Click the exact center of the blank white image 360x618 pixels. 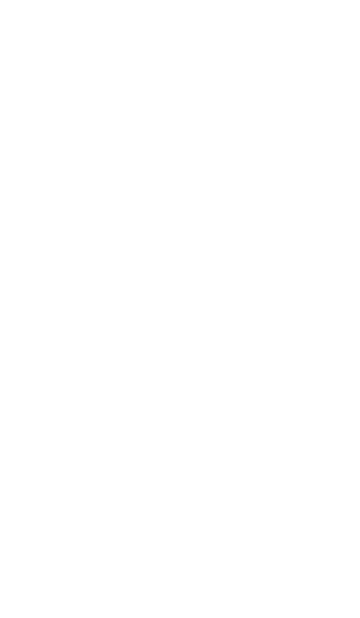pyautogui.click(x=180, y=309)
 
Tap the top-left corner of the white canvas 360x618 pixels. pyautogui.click(x=0, y=0)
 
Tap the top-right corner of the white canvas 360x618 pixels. pyautogui.click(x=359, y=0)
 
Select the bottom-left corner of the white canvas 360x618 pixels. pyautogui.click(x=0, y=617)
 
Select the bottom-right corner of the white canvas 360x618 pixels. pyautogui.click(x=359, y=617)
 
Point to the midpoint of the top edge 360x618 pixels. pyautogui.click(x=180, y=0)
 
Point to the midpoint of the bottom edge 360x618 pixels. pyautogui.click(x=180, y=617)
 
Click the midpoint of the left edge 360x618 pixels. pyautogui.click(x=0, y=309)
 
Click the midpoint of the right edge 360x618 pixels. pyautogui.click(x=359, y=309)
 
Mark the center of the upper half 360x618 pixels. pyautogui.click(x=180, y=154)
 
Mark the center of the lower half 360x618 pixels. pyautogui.click(x=180, y=463)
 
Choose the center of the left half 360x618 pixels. pyautogui.click(x=90, y=309)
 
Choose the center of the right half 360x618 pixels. pyautogui.click(x=270, y=309)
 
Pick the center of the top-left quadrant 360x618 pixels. pyautogui.click(x=90, y=154)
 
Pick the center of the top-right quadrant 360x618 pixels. pyautogui.click(x=270, y=154)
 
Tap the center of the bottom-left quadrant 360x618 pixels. pyautogui.click(x=90, y=463)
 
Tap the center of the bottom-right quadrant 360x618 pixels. pyautogui.click(x=270, y=463)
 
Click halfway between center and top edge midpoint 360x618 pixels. pyautogui.click(x=180, y=154)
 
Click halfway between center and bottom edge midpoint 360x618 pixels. pyautogui.click(x=180, y=463)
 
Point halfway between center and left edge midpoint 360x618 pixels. pyautogui.click(x=90, y=309)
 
